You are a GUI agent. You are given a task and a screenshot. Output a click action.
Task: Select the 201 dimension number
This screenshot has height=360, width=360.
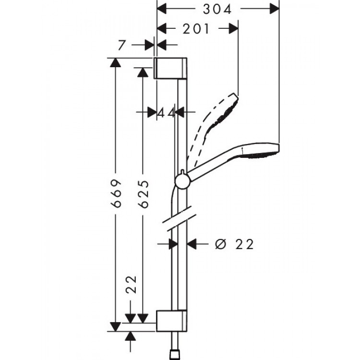tap(197, 29)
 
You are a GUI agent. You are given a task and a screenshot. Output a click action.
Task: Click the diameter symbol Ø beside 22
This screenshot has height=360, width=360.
tap(220, 244)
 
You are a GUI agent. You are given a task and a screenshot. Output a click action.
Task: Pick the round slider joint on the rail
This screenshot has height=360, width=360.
tap(182, 180)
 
